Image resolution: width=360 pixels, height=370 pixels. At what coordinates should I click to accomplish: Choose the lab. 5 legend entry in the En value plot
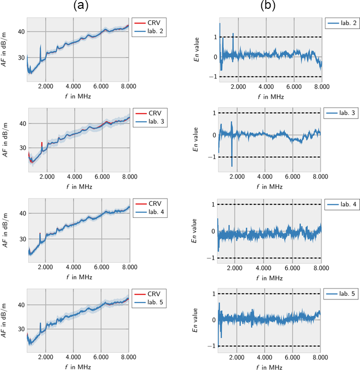(x=341, y=295)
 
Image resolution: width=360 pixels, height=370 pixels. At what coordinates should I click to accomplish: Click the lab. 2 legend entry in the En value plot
(x=342, y=24)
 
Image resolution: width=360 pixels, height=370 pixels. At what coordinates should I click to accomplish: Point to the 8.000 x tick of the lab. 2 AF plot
(x=129, y=86)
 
